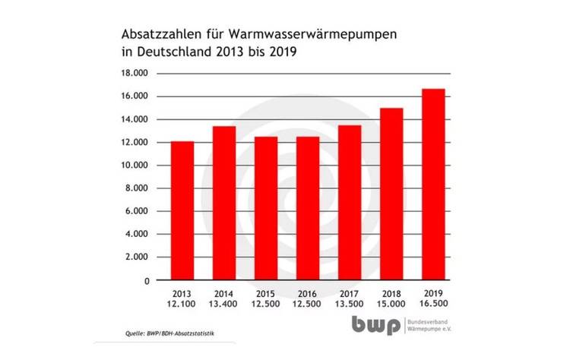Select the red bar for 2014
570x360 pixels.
(x=223, y=203)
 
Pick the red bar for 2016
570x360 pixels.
(x=308, y=208)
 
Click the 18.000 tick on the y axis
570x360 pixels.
(x=132, y=73)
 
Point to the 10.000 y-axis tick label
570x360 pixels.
(x=132, y=166)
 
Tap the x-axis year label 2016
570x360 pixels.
(x=308, y=292)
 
